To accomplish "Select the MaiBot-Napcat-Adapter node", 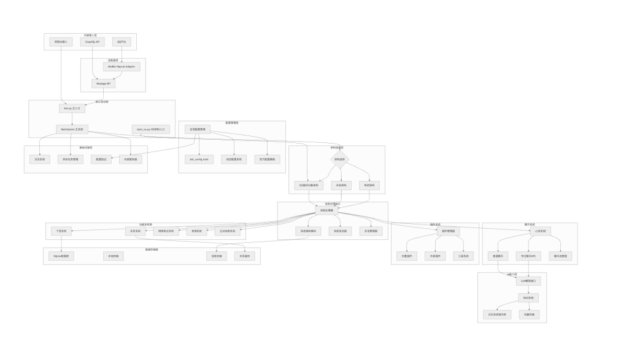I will pyautogui.click(x=122, y=66).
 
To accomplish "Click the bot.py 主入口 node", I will pyautogui.click(x=71, y=108).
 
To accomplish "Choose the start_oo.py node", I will pyautogui.click(x=150, y=129).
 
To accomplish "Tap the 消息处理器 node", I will pyautogui.click(x=326, y=210).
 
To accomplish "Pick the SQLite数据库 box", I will pyautogui.click(x=61, y=256).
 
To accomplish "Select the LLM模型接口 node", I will pyautogui.click(x=528, y=281).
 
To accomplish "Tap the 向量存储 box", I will pyautogui.click(x=528, y=314).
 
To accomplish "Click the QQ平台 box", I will pyautogui.click(x=122, y=42).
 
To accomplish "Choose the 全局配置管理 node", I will pyautogui.click(x=197, y=129).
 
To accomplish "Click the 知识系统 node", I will pyautogui.click(x=528, y=297).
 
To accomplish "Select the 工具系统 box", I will pyautogui.click(x=464, y=255).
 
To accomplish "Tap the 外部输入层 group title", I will pyautogui.click(x=91, y=35).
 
